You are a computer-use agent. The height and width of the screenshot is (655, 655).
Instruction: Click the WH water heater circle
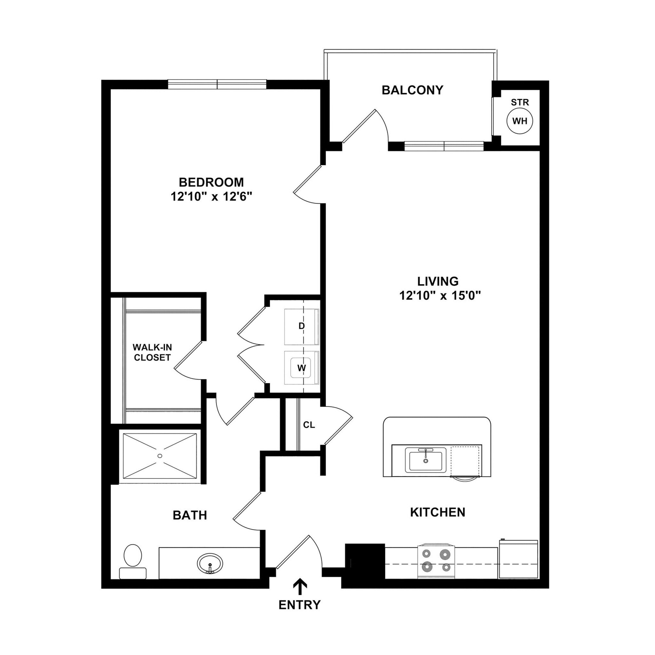pyautogui.click(x=519, y=121)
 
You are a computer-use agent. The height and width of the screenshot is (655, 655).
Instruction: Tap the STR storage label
pyautogui.click(x=520, y=102)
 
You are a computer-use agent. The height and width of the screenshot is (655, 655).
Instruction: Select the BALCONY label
pyautogui.click(x=412, y=90)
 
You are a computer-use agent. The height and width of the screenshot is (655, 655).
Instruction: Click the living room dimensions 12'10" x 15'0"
pyautogui.click(x=440, y=296)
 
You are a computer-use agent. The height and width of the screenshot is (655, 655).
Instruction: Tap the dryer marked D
pyautogui.click(x=301, y=326)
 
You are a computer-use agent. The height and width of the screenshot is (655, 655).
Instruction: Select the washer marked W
pyautogui.click(x=301, y=368)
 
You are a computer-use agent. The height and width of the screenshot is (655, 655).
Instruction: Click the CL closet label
pyautogui.click(x=309, y=425)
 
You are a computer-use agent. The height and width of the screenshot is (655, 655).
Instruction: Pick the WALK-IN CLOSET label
pyautogui.click(x=152, y=352)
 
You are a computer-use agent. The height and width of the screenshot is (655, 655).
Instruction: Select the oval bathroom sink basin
pyautogui.click(x=210, y=564)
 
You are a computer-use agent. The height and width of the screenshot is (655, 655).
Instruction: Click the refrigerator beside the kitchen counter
pyautogui.click(x=518, y=560)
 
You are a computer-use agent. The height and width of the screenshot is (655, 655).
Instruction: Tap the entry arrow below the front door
pyautogui.click(x=300, y=587)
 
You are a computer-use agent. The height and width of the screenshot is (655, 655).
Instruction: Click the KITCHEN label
pyautogui.click(x=437, y=512)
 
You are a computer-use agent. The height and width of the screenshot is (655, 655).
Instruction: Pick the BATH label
pyautogui.click(x=190, y=515)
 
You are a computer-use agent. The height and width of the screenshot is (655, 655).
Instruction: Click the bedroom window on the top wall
pyautogui.click(x=217, y=84)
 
